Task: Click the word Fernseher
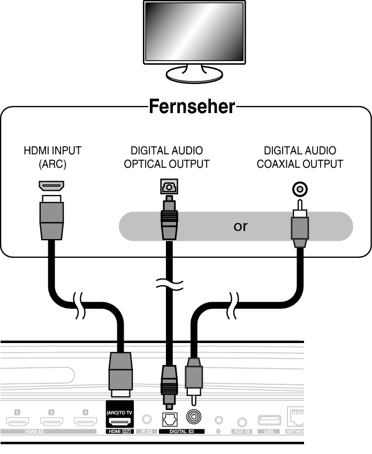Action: coord(192,106)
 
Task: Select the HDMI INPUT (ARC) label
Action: coord(52,158)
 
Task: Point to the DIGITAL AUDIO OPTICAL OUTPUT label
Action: coord(166,158)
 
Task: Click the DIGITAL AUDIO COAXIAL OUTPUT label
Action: coord(300,158)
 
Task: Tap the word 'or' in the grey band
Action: coord(240,226)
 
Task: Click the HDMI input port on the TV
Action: coord(52,186)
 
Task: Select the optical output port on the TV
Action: coord(168,187)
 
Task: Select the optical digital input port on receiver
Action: coord(170,418)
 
